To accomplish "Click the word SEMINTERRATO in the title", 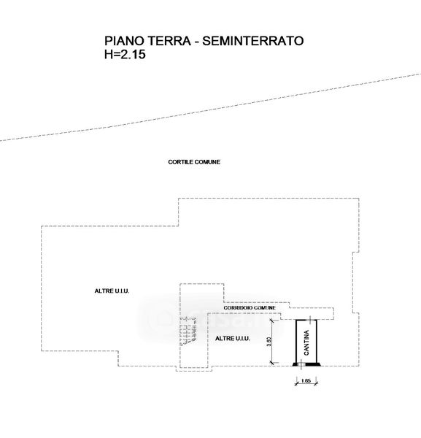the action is click(x=253, y=41).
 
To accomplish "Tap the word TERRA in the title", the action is click(x=169, y=41).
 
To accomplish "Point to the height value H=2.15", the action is click(x=125, y=54).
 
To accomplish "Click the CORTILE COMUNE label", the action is click(x=194, y=162).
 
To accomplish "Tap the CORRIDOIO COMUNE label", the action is click(x=250, y=308).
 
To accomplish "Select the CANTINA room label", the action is click(x=306, y=342).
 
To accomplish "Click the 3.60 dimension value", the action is click(x=269, y=342).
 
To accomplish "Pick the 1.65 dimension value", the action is click(x=306, y=380).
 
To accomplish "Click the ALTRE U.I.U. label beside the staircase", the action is click(x=233, y=339).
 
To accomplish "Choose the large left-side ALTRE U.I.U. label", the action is click(x=112, y=291).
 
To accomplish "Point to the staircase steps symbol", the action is click(x=188, y=330).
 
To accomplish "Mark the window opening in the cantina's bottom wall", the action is click(x=301, y=364).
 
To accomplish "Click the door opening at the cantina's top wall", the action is click(x=311, y=320).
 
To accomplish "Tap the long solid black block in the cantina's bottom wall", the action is click(x=313, y=364).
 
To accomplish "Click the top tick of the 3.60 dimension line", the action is click(x=272, y=320).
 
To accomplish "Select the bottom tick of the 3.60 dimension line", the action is click(x=272, y=363).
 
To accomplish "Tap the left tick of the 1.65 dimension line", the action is click(x=296, y=383).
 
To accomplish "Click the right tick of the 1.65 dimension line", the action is click(x=316, y=383).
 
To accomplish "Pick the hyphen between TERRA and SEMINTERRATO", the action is click(x=197, y=42).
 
